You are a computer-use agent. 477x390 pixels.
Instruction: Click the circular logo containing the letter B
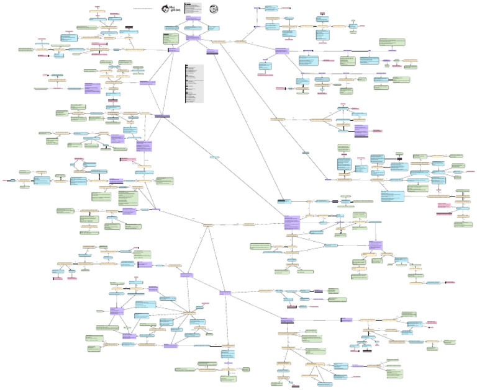click(213, 9)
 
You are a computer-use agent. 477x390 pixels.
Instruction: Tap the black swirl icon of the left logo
click(165, 9)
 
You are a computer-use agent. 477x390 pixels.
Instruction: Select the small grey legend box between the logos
click(193, 8)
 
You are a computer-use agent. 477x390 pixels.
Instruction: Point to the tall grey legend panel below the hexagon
click(194, 83)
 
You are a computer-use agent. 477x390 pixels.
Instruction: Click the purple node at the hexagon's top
click(190, 19)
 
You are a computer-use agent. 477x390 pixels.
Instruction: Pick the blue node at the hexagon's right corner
click(214, 28)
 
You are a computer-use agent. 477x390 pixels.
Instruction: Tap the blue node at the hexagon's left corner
click(171, 28)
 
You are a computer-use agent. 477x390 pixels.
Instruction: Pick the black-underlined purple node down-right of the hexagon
click(211, 51)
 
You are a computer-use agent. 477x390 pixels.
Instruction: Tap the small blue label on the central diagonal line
click(214, 157)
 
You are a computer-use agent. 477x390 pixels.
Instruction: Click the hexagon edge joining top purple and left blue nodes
click(180, 24)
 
